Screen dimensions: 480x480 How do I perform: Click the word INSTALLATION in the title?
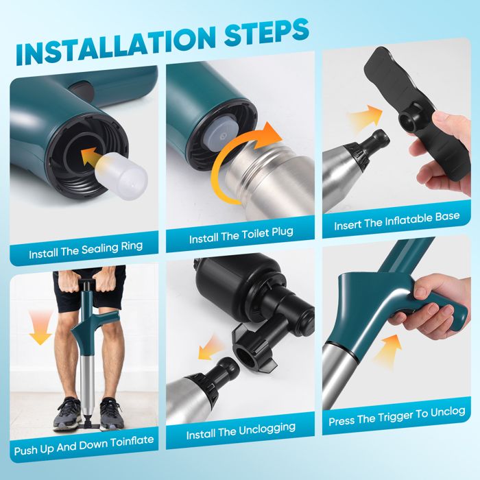[115, 45]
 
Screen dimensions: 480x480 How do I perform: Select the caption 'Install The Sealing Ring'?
[86, 250]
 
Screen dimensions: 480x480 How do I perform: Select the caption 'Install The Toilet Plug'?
[241, 235]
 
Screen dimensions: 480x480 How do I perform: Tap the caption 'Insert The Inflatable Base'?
[397, 221]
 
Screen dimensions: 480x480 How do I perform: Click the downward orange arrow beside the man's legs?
[40, 327]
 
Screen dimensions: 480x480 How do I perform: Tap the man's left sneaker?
[112, 413]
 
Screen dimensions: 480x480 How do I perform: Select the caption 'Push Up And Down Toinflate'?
[84, 446]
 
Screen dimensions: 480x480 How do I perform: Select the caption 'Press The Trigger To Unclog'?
[397, 416]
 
